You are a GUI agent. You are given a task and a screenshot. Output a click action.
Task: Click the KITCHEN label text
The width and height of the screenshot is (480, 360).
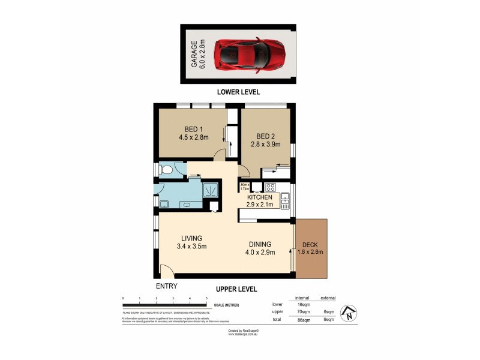pyautogui.click(x=259, y=197)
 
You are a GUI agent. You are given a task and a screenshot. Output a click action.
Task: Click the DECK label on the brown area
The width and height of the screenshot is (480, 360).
pyautogui.click(x=310, y=248)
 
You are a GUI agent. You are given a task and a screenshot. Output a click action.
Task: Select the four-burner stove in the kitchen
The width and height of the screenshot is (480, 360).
pyautogui.click(x=270, y=187)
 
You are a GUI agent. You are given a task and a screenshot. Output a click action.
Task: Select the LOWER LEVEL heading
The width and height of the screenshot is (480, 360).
pyautogui.click(x=239, y=92)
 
